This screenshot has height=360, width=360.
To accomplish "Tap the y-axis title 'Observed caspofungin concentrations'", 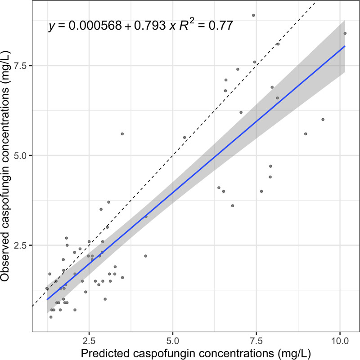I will [x=8, y=167].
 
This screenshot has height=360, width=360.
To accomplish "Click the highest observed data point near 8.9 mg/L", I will [x=253, y=15].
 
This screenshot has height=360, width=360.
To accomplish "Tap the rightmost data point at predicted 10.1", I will [x=345, y=33].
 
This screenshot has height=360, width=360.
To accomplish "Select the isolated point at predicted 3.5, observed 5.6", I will [x=122, y=134].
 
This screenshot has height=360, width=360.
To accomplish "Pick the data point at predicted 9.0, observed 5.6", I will [x=306, y=134].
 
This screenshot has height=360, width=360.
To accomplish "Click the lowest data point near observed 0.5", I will [x=51, y=317].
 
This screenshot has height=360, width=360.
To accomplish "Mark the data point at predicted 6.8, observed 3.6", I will [x=232, y=206].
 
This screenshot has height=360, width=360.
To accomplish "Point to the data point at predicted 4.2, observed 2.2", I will [x=145, y=256].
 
